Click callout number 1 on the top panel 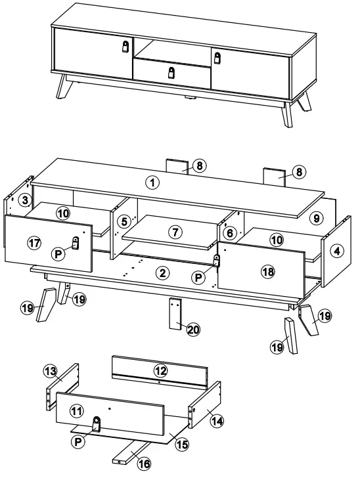pyautogui.click(x=152, y=183)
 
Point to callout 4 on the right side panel pyautogui.click(x=335, y=250)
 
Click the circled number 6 pyautogui.click(x=229, y=232)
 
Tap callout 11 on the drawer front pyautogui.click(x=76, y=411)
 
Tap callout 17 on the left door pyautogui.click(x=35, y=242)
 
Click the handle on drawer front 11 pyautogui.click(x=97, y=424)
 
